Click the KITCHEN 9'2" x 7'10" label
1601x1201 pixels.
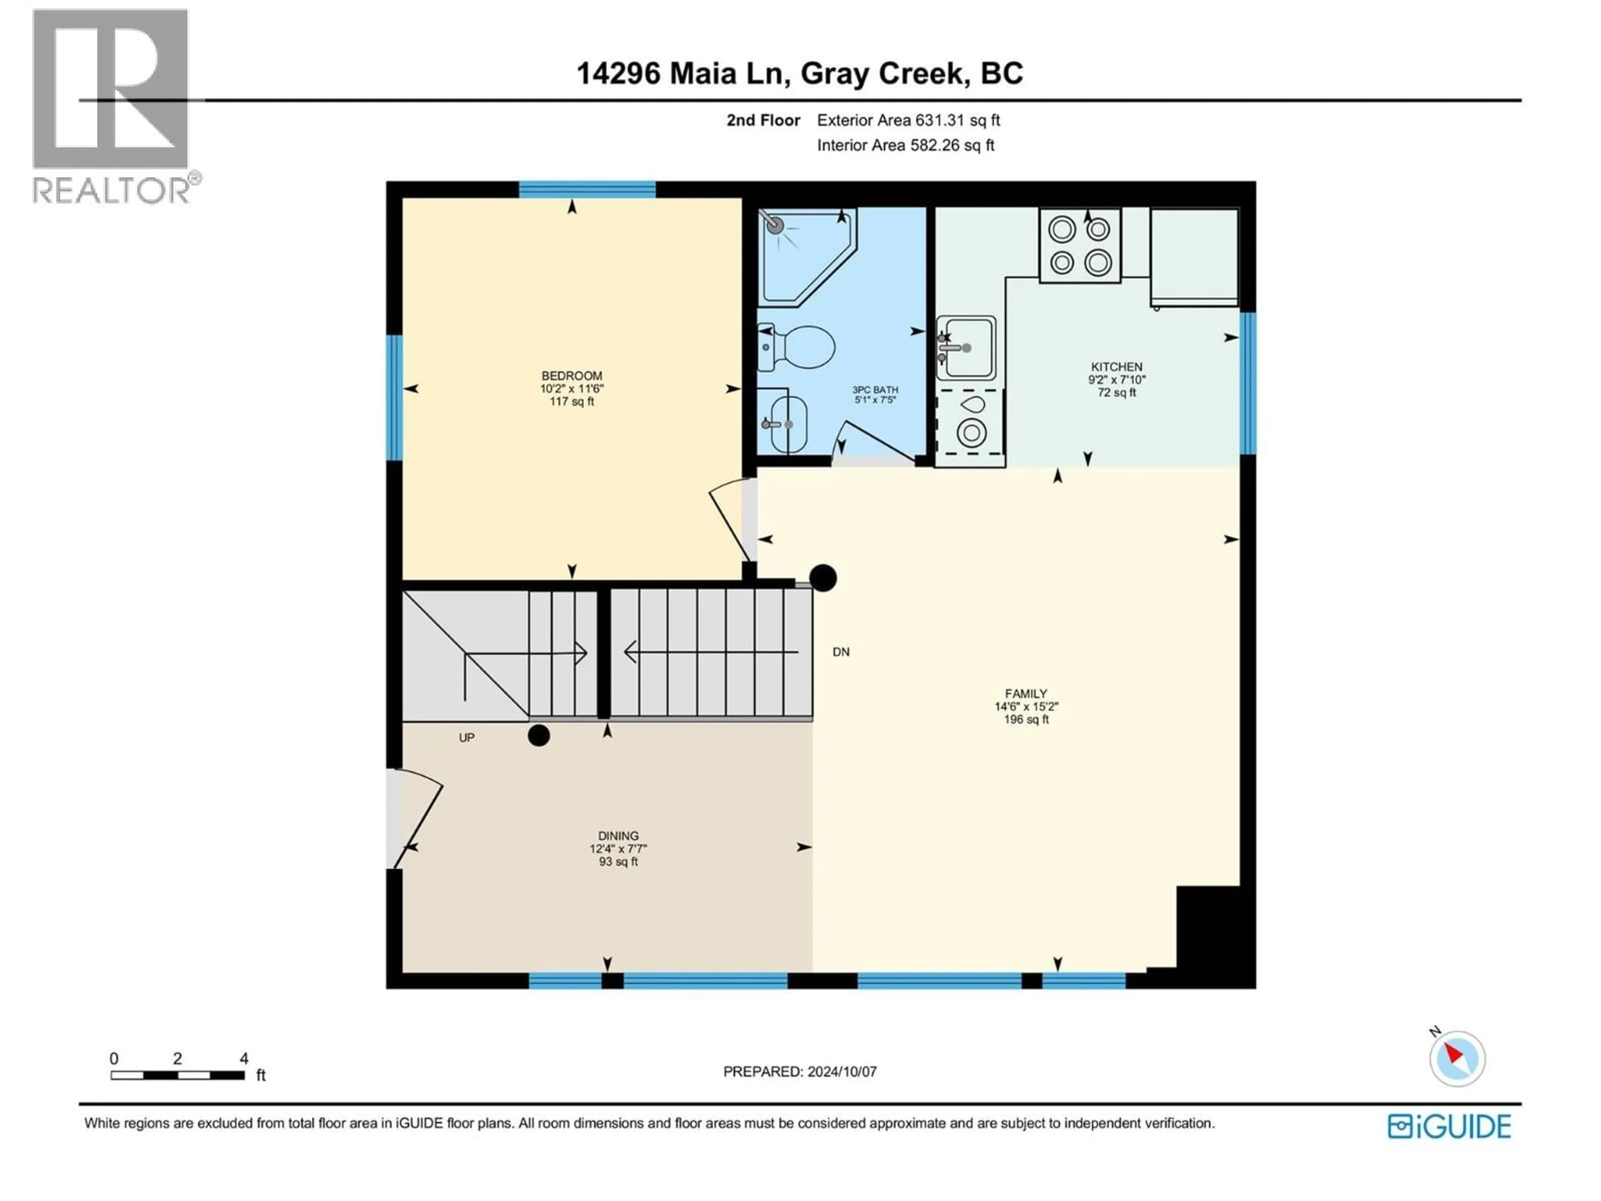coord(1117,379)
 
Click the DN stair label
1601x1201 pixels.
coord(840,652)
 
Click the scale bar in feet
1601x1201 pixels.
coord(177,1075)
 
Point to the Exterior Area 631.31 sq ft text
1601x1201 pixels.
coord(908,120)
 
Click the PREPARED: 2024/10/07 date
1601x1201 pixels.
coord(800,1071)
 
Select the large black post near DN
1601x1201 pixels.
coord(823,578)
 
